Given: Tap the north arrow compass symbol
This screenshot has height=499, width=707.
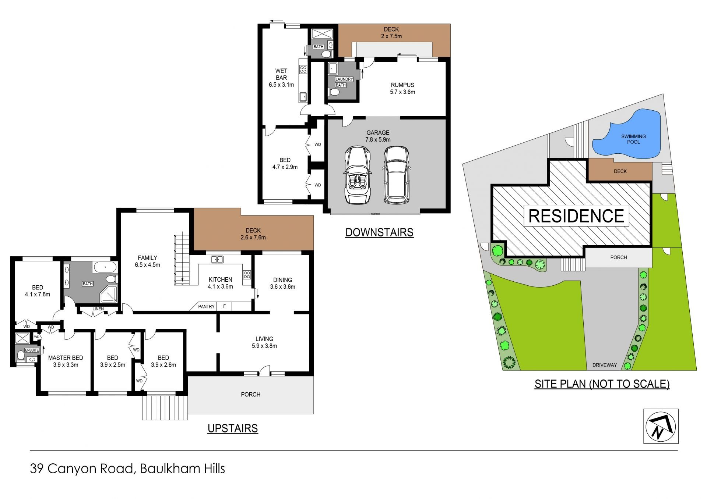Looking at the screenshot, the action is pyautogui.click(x=661, y=426).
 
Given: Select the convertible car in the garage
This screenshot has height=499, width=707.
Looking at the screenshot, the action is pyautogui.click(x=357, y=175).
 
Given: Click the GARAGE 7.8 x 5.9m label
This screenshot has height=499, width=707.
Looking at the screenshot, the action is pyautogui.click(x=378, y=136).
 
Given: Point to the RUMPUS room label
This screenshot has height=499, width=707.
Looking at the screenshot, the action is pyautogui.click(x=402, y=85).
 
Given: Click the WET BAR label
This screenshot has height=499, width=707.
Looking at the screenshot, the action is pyautogui.click(x=281, y=74).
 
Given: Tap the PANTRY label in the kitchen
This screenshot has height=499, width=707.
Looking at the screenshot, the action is pyautogui.click(x=206, y=306).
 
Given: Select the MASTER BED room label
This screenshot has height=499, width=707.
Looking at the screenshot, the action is pyautogui.click(x=66, y=358).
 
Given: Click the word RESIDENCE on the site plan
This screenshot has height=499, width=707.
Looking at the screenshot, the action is pyautogui.click(x=576, y=216).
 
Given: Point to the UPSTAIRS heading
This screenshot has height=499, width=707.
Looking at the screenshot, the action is pyautogui.click(x=233, y=428).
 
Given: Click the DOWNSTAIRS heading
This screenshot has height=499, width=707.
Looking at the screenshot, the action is pyautogui.click(x=379, y=232).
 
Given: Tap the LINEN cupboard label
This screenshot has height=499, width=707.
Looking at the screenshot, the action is pyautogui.click(x=98, y=309).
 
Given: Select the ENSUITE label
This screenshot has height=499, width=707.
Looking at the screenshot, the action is pyautogui.click(x=32, y=350).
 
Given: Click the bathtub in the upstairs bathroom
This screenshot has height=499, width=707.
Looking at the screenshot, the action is pyautogui.click(x=105, y=267).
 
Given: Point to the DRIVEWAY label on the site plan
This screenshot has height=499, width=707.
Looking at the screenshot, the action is pyautogui.click(x=604, y=365).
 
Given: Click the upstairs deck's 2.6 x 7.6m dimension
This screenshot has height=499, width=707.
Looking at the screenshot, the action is pyautogui.click(x=253, y=238).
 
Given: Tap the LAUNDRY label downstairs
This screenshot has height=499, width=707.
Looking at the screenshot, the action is pyautogui.click(x=344, y=79).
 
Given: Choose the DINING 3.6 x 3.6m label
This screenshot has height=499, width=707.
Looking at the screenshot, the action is pyautogui.click(x=282, y=283).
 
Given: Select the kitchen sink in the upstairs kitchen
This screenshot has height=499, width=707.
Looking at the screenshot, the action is pyautogui.click(x=217, y=260).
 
